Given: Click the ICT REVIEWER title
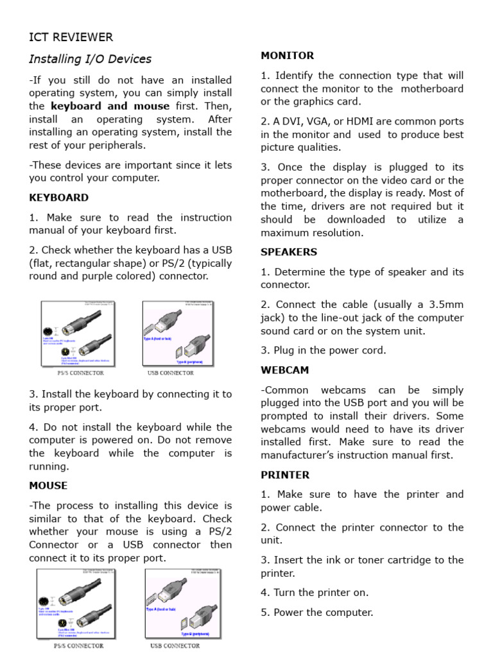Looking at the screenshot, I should pos(71,37).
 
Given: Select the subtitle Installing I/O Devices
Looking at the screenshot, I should pos(90,59).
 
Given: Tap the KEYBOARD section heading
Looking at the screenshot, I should pos(59,198).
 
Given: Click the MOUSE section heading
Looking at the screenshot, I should pos(48,486).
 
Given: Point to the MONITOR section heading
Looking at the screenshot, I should pos(287,56).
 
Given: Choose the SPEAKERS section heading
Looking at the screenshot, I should pos(289,252).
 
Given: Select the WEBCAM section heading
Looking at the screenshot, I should pos(284,370).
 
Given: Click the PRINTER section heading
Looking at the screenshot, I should pos(285,475).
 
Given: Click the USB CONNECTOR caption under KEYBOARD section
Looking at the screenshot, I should pos(170,373).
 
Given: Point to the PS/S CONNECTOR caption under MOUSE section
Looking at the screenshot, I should pos(78,645).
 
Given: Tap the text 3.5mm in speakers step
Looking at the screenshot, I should pos(447,304).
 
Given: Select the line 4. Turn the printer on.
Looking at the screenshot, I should pos(315,593).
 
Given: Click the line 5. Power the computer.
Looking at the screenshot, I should pos(316,612).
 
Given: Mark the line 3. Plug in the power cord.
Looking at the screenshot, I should pos(324,350).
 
